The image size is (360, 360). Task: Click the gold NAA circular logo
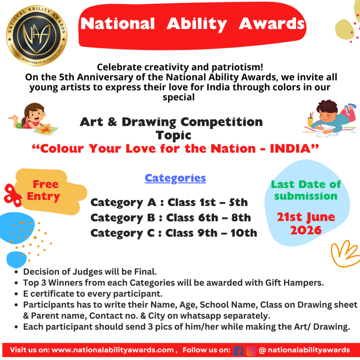click(37, 36)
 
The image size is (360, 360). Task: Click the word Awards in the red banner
click(272, 24)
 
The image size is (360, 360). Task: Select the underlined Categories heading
click(175, 178)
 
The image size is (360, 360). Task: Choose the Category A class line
click(169, 202)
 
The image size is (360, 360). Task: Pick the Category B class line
click(171, 218)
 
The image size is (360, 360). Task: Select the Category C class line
click(174, 233)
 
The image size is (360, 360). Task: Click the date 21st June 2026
click(306, 224)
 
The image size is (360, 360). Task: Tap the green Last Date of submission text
click(306, 190)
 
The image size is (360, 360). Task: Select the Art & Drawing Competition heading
click(171, 122)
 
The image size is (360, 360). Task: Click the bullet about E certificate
click(93, 293)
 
